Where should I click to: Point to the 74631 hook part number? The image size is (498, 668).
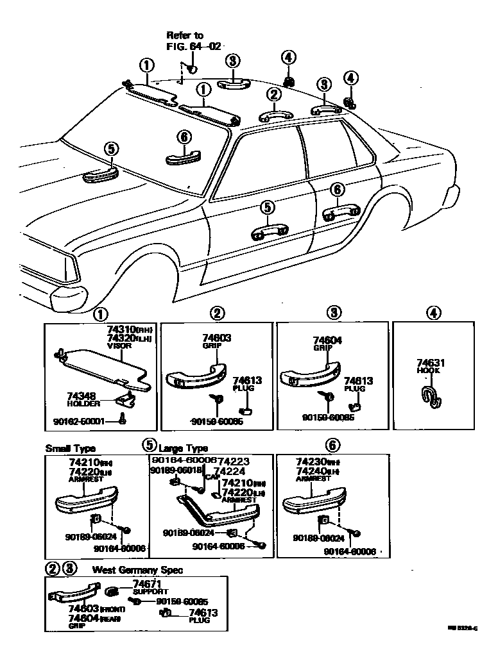(x=431, y=363)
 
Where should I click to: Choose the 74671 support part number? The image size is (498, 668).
(x=148, y=583)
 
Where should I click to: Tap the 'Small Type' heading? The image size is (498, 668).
(x=67, y=449)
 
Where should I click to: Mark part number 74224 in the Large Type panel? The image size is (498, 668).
(x=229, y=471)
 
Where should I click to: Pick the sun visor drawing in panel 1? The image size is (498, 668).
(x=103, y=369)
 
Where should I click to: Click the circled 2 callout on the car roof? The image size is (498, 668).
(x=274, y=95)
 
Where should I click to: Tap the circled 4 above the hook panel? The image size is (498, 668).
(x=434, y=313)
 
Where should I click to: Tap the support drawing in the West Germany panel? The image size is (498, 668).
(x=112, y=590)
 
